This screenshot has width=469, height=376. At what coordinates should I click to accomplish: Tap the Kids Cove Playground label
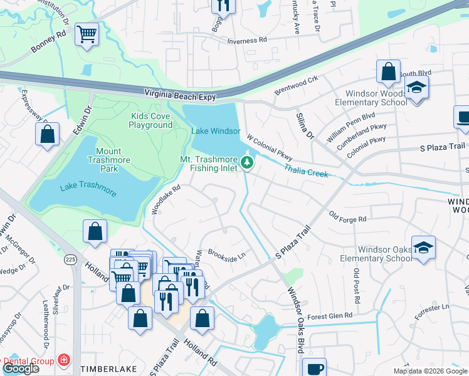[150, 120]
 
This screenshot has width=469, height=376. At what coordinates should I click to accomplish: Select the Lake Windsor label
[216, 131]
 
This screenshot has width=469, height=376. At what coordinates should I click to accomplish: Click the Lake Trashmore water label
[88, 190]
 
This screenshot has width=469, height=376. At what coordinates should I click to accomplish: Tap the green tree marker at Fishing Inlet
[248, 164]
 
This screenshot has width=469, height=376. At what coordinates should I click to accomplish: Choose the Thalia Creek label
[305, 171]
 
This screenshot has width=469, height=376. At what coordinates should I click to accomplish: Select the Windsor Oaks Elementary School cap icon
[424, 247]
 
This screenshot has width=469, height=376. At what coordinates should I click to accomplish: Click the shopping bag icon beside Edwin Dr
[47, 134]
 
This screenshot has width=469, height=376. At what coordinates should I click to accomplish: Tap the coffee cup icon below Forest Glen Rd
[314, 368]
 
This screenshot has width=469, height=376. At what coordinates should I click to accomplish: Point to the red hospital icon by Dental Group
[63, 360]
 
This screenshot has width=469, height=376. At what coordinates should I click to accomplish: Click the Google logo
[21, 368]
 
